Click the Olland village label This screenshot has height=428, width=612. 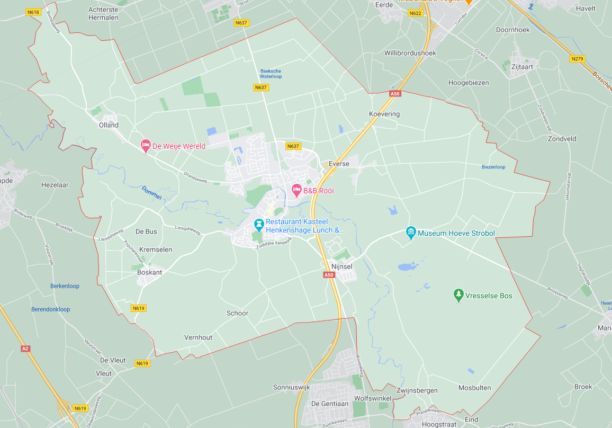[x=109, y=126]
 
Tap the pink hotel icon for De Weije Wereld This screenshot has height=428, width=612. [x=146, y=146]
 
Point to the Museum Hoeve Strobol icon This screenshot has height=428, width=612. [x=410, y=233]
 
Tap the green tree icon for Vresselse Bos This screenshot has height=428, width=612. [x=459, y=295]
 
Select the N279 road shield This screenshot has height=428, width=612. [x=578, y=59]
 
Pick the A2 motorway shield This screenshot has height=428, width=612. [x=25, y=349]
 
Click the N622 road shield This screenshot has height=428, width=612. [x=415, y=13]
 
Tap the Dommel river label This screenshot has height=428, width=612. [x=151, y=193]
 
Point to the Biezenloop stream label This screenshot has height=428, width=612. [x=493, y=167]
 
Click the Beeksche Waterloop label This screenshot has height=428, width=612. [x=271, y=74]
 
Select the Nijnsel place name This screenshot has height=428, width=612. [x=341, y=266]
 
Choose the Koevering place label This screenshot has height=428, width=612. [x=384, y=114]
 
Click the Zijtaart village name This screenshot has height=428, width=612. [x=522, y=67]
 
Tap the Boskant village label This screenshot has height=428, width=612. [x=149, y=272]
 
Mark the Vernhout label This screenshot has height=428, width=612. [x=198, y=337]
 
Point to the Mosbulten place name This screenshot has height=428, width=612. [x=474, y=388]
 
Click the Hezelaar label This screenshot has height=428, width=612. [x=55, y=185]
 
